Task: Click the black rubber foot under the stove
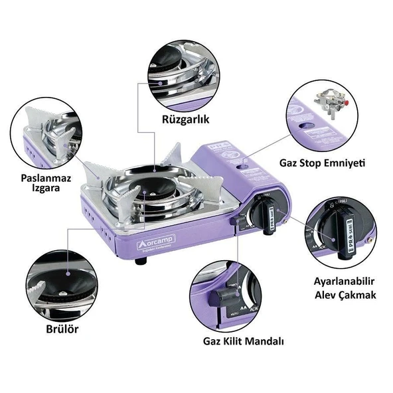pos(141,261)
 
